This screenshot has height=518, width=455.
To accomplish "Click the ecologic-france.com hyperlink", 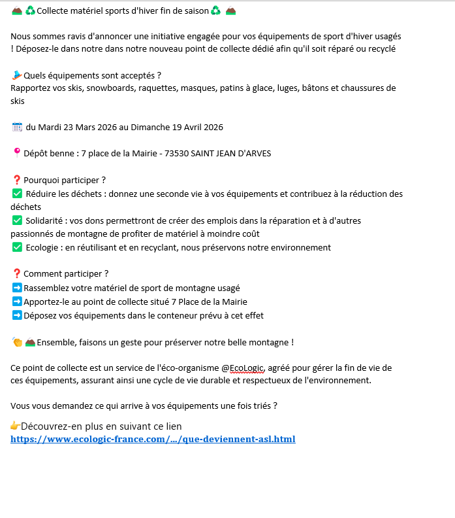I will tap(153, 439).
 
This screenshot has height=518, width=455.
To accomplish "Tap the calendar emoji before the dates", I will tap(17, 127).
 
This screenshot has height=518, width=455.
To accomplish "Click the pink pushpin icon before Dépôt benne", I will tap(17, 153).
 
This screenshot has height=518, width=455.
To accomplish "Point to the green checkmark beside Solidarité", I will tap(17, 220).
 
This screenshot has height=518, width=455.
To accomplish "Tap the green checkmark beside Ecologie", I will tap(17, 247).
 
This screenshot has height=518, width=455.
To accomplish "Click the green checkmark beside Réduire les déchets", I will tap(17, 194).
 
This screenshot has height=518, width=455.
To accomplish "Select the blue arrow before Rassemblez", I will tap(17, 288).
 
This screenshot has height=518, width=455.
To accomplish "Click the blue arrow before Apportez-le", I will tap(17, 302).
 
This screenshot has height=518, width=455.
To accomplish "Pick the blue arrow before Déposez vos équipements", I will tap(17, 315).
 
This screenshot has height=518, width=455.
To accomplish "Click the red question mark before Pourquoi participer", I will tap(17, 180).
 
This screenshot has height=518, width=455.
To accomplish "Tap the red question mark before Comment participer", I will tap(17, 274).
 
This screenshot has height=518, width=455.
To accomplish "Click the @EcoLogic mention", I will tap(238, 368).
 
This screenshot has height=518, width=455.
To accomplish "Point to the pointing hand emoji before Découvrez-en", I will tap(16, 426).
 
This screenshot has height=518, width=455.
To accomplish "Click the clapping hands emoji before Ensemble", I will tap(17, 342).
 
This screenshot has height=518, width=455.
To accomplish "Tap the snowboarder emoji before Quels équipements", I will tap(17, 75).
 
